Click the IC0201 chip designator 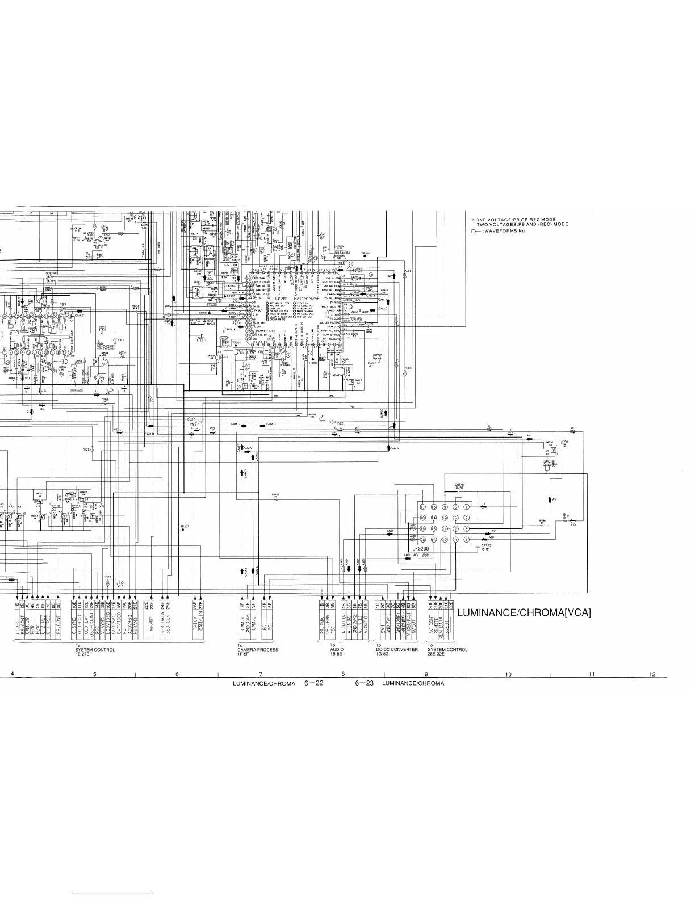(282, 297)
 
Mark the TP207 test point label (183, 527)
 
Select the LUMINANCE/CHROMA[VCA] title (524, 613)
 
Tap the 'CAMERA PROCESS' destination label (258, 649)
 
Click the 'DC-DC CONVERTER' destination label (396, 649)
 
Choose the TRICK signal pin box (195, 614)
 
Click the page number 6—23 (364, 683)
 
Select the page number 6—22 (313, 683)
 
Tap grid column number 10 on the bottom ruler (508, 674)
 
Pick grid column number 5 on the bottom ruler (94, 674)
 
